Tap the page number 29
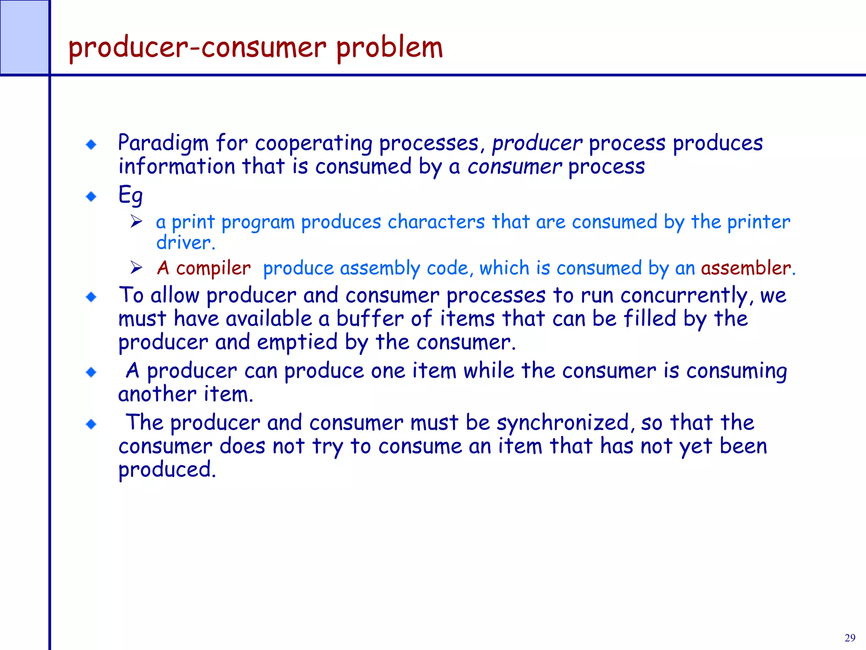850,638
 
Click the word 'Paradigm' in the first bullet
163,143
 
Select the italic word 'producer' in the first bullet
537,143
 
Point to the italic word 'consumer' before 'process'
514,166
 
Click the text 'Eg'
130,195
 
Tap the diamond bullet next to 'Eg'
91,196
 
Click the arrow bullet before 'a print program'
136,221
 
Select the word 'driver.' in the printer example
186,242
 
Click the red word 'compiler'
213,268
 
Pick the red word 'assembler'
745,268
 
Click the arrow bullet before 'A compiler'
136,267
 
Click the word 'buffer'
370,319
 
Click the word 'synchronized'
565,423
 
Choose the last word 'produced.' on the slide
167,469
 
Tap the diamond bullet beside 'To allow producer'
91,297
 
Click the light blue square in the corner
24,37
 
